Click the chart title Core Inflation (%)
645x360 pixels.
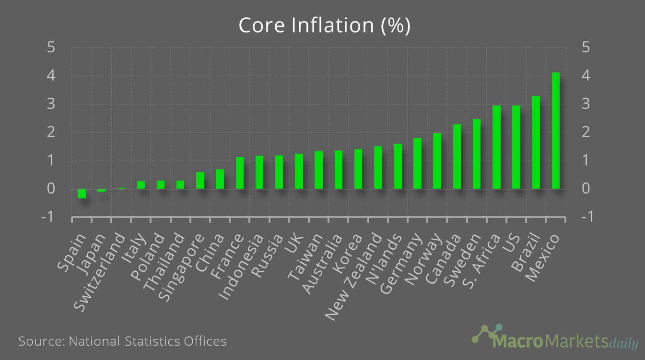pyautogui.click(x=324, y=25)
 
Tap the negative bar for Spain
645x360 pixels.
pyautogui.click(x=82, y=193)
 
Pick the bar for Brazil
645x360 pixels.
pyautogui.click(x=536, y=142)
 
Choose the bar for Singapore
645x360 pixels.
pyautogui.click(x=200, y=180)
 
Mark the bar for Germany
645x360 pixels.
pyautogui.click(x=417, y=163)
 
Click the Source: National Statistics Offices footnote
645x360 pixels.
pyautogui.click(x=122, y=341)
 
